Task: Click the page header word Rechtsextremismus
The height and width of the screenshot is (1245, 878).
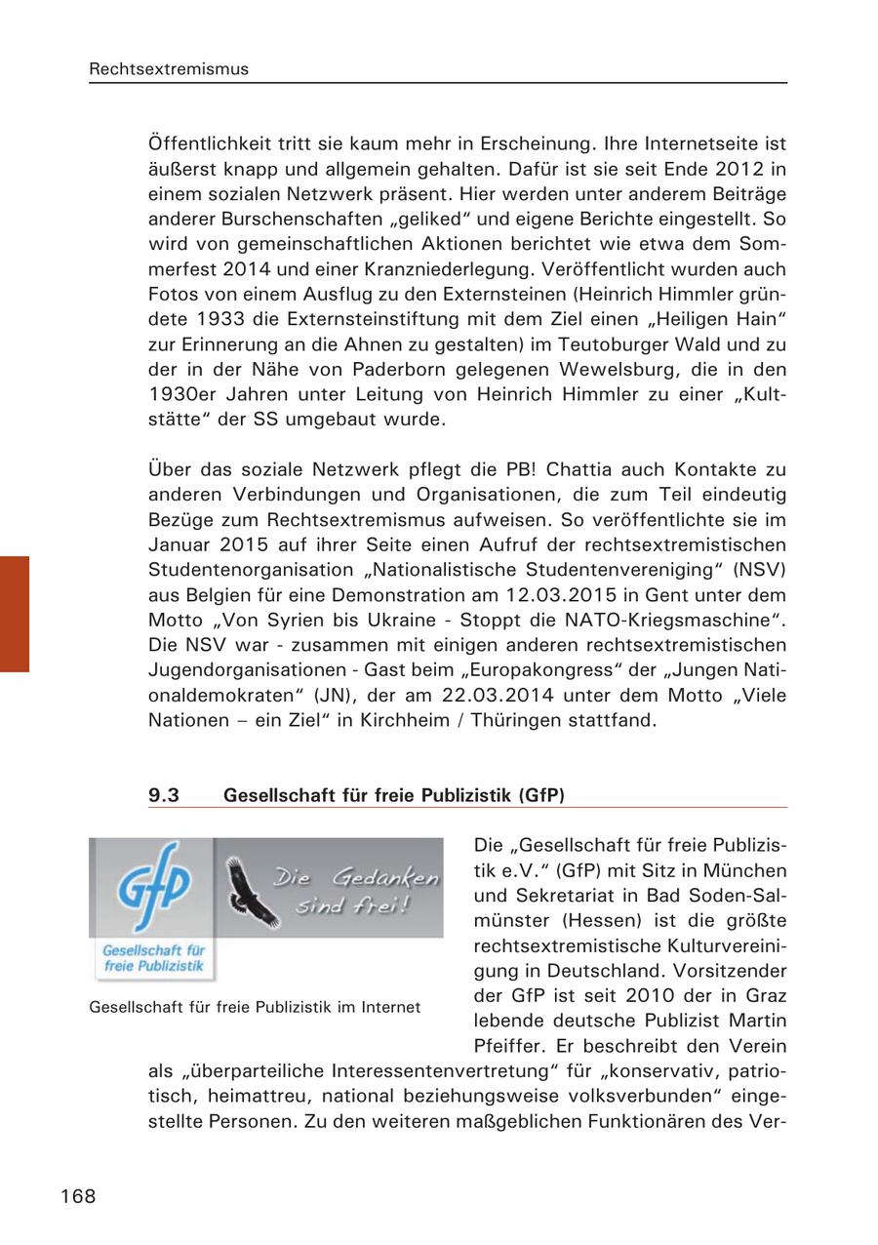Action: (x=169, y=69)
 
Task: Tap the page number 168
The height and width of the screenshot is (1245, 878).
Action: (x=78, y=1195)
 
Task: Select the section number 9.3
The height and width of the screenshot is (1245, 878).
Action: (x=164, y=795)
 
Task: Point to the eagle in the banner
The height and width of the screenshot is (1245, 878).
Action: (x=250, y=890)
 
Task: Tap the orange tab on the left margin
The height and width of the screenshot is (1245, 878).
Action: (x=15, y=614)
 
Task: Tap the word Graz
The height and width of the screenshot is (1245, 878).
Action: (x=764, y=996)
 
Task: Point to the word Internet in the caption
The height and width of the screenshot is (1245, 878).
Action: (x=389, y=1007)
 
